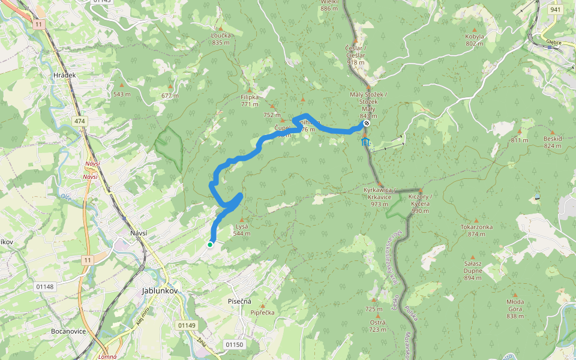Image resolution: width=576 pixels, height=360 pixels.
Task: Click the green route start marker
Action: click(x=210, y=245)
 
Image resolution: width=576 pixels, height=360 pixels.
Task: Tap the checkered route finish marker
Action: click(x=366, y=123)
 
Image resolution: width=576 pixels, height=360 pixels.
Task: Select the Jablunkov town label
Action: click(x=161, y=290)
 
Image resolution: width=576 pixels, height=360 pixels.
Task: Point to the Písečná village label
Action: click(x=239, y=301)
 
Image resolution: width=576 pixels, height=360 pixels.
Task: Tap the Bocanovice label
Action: click(x=68, y=331)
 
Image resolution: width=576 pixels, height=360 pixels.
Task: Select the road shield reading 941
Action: click(x=555, y=10)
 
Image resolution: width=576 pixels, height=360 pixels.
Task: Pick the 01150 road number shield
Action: click(x=234, y=344)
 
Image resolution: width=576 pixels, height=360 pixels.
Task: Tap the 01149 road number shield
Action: click(x=187, y=325)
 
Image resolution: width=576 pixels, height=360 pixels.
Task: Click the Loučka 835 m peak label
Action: click(x=221, y=39)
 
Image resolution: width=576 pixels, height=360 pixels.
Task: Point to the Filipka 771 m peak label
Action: click(x=249, y=100)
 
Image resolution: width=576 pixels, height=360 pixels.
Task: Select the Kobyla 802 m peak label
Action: click(x=475, y=40)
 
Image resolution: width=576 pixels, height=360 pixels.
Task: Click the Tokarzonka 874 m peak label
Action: click(x=476, y=230)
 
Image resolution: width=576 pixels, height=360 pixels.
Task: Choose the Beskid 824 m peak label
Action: click(x=553, y=142)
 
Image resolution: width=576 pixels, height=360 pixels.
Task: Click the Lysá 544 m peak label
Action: click(x=241, y=229)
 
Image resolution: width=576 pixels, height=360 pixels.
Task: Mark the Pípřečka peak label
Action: click(x=262, y=313)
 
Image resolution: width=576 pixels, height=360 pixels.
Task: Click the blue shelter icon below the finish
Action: click(x=365, y=142)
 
